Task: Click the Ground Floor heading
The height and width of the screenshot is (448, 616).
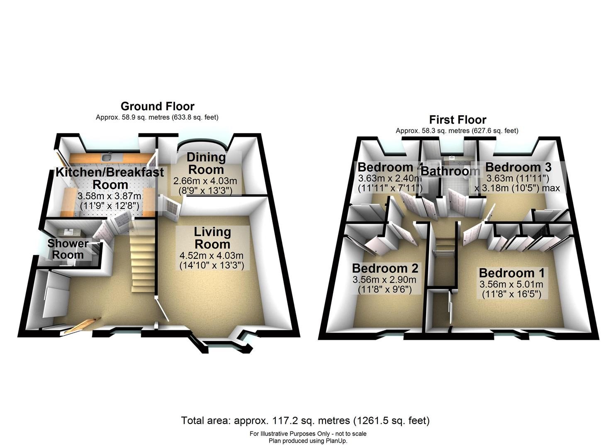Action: tap(157, 106)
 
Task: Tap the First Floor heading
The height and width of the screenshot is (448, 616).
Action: tap(458, 120)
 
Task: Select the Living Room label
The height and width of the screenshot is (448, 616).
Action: tap(212, 238)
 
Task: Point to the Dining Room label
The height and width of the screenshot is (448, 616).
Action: tap(206, 163)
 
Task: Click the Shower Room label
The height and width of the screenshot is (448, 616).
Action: tap(68, 249)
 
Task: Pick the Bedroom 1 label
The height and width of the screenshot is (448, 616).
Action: tap(511, 273)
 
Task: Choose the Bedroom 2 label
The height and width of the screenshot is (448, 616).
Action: tap(385, 268)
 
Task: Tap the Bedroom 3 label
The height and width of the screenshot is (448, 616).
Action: tap(518, 167)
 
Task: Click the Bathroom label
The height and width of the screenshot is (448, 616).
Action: tap(450, 171)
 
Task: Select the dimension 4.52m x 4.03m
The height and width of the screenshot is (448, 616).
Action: tap(212, 256)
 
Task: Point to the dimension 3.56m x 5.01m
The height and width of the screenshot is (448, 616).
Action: tap(511, 284)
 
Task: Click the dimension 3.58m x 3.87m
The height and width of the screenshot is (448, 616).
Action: tap(110, 196)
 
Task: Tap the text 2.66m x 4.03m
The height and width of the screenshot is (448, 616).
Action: tap(205, 181)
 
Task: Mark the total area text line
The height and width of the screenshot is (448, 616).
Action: tap(305, 421)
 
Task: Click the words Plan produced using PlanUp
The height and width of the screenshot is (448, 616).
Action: tap(308, 441)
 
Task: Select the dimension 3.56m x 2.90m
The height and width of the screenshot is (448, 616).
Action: tap(385, 280)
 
